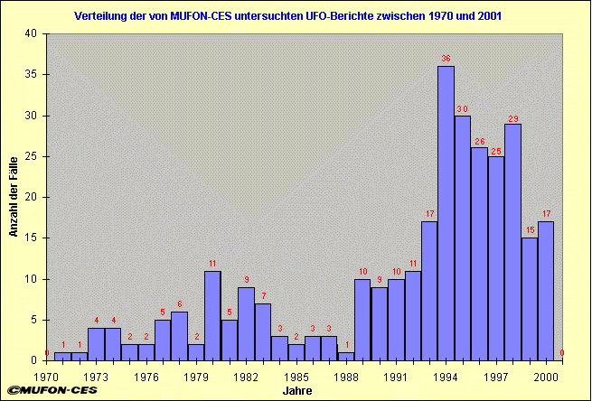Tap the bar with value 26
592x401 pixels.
[479, 254]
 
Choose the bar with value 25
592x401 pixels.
[496, 258]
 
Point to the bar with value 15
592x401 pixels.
[529, 299]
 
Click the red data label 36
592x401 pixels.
[446, 59]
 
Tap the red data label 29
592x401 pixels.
[512, 119]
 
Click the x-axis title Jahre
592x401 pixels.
[296, 391]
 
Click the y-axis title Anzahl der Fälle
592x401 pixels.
[14, 197]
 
